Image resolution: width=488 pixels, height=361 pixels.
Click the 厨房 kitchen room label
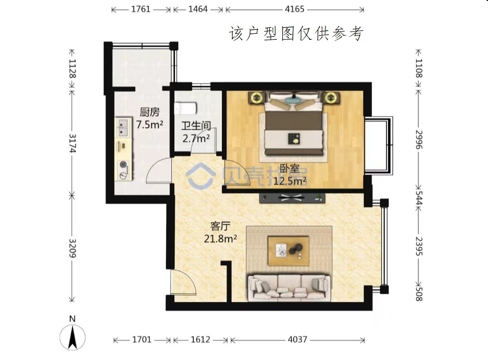click(x=150, y=111)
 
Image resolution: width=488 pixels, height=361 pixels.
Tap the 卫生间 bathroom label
click(x=196, y=125)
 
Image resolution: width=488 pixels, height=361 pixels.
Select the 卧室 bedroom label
click(x=290, y=168)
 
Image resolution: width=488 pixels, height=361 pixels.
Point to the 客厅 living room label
click(x=220, y=226)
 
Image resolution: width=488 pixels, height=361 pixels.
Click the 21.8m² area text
click(x=221, y=239)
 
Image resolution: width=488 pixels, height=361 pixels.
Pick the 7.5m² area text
click(x=150, y=125)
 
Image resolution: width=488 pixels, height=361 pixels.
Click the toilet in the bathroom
click(x=186, y=108)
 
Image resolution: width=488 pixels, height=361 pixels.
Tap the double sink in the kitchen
click(x=124, y=127)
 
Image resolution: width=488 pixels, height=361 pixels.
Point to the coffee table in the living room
click(x=288, y=251)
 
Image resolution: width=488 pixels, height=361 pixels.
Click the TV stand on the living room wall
click(x=292, y=198)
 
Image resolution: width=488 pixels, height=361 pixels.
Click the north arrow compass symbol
click(x=72, y=337)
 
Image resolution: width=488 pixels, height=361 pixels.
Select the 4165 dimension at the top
click(x=295, y=9)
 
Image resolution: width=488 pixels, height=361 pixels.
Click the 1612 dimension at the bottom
click(x=201, y=339)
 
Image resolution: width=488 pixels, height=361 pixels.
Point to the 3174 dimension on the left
click(x=72, y=143)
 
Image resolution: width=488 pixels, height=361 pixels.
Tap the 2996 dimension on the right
click(x=419, y=139)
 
